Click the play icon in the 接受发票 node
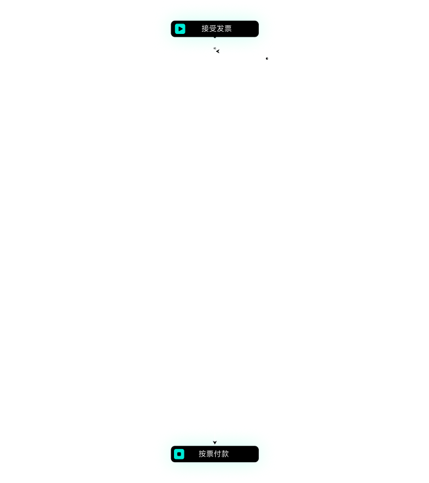[x=180, y=28]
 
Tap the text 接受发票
[x=217, y=28]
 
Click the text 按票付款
[x=214, y=454]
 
